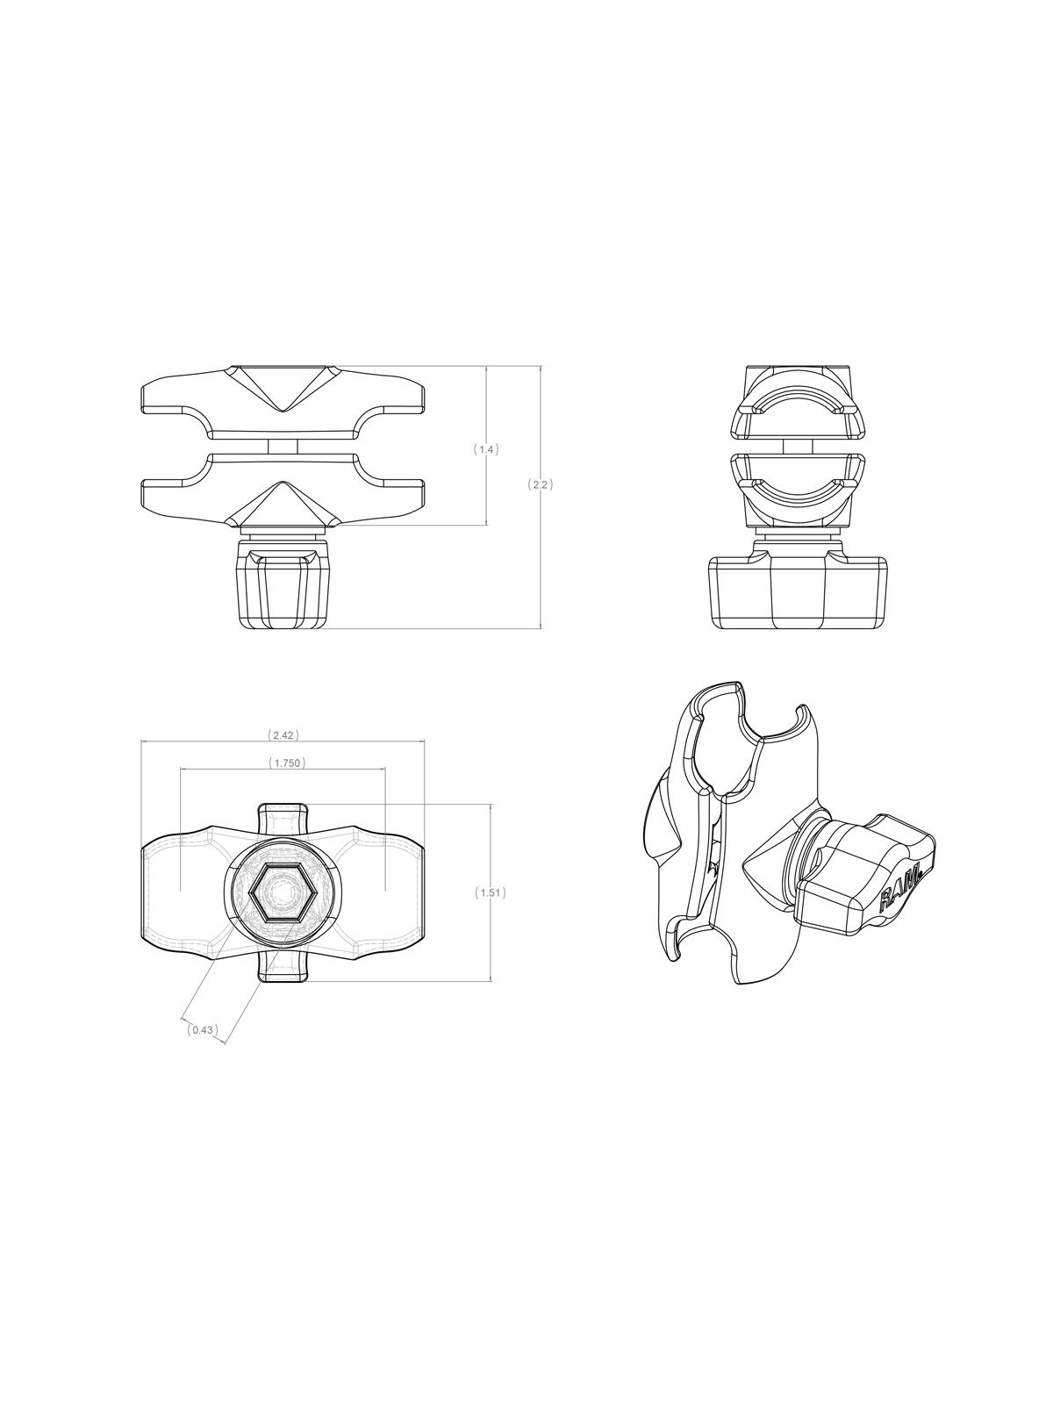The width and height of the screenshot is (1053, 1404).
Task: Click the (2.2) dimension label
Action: pos(540,484)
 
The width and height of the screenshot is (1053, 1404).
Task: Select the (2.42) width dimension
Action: pos(283,734)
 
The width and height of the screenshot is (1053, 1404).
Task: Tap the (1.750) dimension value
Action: pos(283,763)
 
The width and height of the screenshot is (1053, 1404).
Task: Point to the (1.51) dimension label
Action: pos(490,892)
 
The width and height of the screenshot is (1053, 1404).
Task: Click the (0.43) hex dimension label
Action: pos(202,1030)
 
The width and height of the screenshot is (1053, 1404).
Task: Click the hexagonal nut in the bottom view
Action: pos(283,892)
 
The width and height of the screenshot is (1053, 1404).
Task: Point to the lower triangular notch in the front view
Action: pos(283,505)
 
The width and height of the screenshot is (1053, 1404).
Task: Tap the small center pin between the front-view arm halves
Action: pos(283,447)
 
